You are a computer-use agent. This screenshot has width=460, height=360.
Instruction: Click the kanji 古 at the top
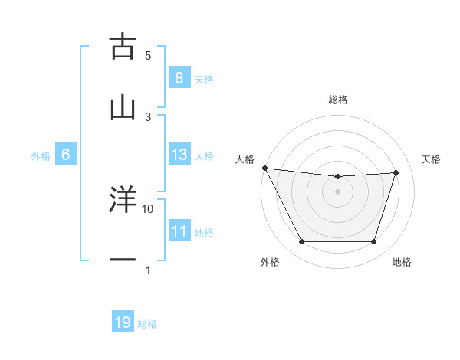pos(123,47)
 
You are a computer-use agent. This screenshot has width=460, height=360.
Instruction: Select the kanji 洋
pos(123,201)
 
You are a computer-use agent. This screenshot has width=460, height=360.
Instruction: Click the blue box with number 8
pos(179,77)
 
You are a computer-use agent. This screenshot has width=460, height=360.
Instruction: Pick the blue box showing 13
pos(179,155)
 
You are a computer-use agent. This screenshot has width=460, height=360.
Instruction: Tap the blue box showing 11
pos(179,231)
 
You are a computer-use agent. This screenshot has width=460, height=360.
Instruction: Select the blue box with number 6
pos(65,155)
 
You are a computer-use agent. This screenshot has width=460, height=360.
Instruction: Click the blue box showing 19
pos(123,322)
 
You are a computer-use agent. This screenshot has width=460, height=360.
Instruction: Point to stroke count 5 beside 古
pos(148,56)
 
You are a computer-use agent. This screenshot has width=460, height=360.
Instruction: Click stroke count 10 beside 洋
pos(148,208)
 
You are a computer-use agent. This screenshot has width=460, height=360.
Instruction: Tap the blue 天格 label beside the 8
pos(204,79)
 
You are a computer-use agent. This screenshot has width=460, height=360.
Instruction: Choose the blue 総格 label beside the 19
pos(148,324)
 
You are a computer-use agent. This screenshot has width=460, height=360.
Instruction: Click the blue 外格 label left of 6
pos(41,155)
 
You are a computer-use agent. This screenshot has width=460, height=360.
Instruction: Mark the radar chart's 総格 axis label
pos(338,100)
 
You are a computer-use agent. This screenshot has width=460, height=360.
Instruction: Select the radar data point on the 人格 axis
pos(265,168)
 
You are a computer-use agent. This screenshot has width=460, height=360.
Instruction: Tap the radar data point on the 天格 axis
pos(396,172)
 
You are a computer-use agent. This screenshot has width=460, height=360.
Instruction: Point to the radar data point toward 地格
pos(373,242)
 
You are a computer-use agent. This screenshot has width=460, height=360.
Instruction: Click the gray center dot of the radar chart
pos(338,191)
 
